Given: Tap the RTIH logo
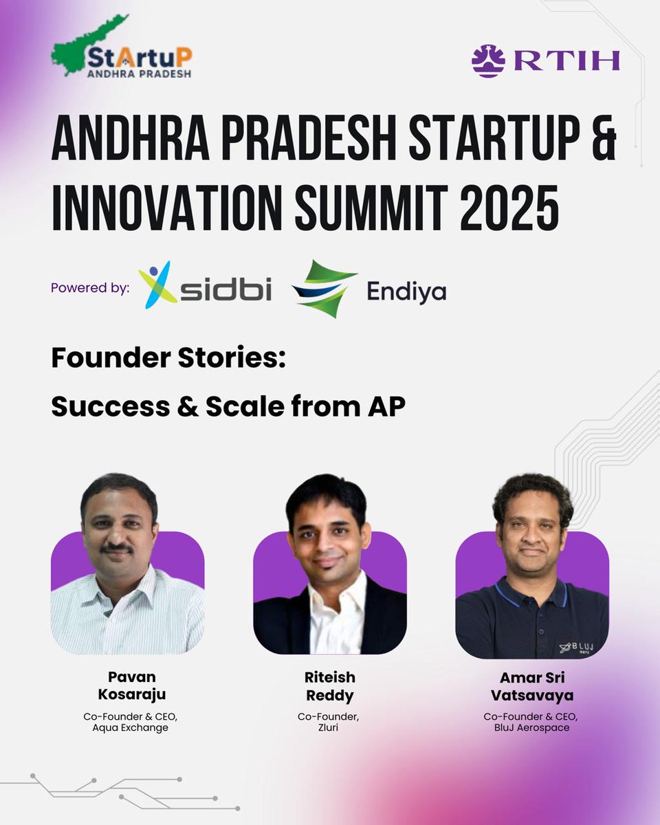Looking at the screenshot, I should [x=545, y=60].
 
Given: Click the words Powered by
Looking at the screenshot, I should [x=89, y=288].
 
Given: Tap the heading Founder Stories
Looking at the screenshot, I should [x=168, y=358].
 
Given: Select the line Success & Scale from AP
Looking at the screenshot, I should [x=228, y=407].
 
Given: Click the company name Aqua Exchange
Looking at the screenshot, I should [x=130, y=727].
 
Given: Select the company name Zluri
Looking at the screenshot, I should [x=329, y=727].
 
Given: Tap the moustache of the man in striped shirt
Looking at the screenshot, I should [x=118, y=548].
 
